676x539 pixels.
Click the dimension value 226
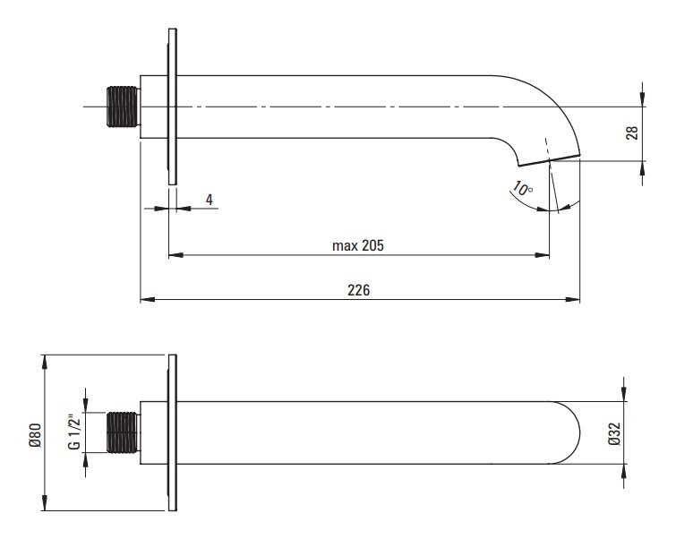click(359, 290)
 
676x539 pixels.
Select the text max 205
click(358, 245)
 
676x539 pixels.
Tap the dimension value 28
click(631, 133)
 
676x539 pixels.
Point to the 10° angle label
click(523, 188)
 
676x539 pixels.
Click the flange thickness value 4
click(210, 200)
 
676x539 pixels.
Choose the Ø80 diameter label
click(35, 435)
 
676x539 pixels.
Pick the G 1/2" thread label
click(74, 432)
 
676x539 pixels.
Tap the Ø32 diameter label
click(614, 433)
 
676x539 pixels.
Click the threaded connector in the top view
click(123, 107)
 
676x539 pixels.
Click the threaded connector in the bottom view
click(123, 432)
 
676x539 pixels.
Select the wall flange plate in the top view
click(173, 107)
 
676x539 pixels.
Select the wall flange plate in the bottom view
click(173, 432)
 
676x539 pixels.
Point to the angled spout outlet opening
click(549, 160)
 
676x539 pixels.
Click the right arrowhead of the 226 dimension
click(573, 299)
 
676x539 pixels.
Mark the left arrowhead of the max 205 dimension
click(175, 255)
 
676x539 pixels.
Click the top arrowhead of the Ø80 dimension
click(45, 362)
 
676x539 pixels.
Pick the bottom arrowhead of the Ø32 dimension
click(624, 471)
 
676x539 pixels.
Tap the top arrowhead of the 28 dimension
click(642, 99)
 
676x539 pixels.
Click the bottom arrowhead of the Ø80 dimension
click(45, 504)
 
